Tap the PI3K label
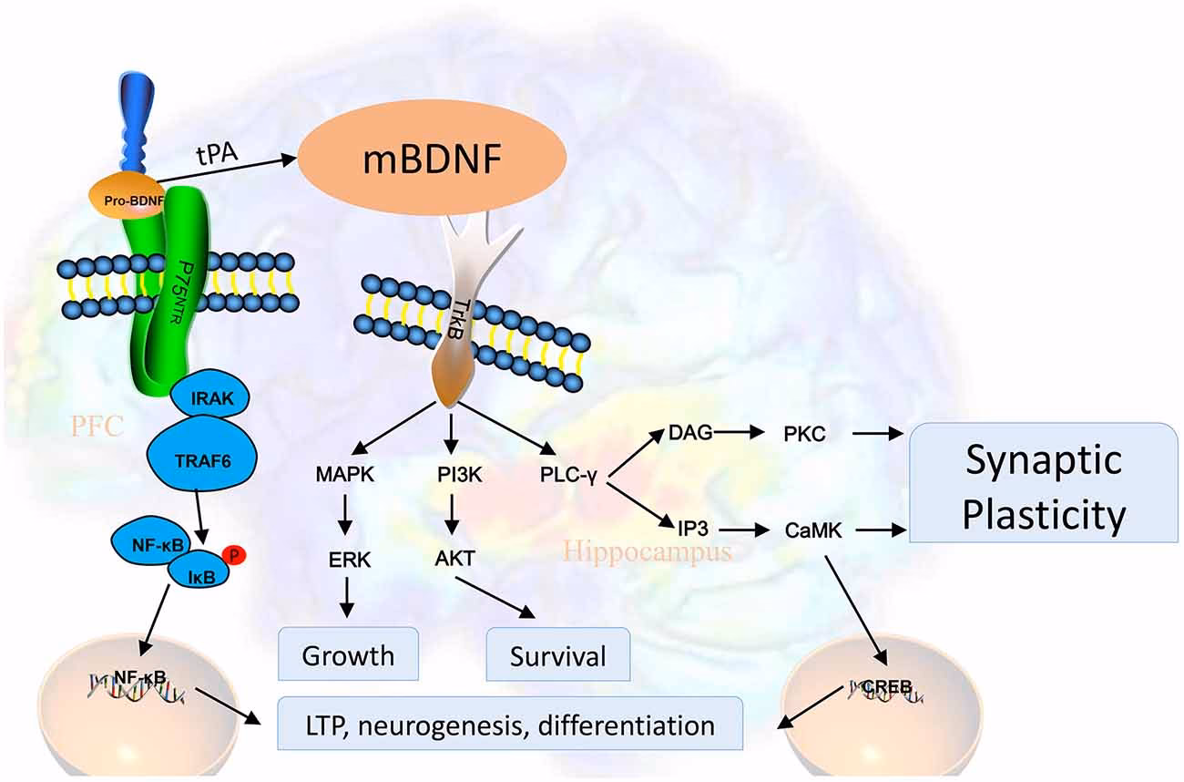point(454,474)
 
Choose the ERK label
point(350,560)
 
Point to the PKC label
point(804,434)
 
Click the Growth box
point(348,653)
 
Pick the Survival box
point(558,653)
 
